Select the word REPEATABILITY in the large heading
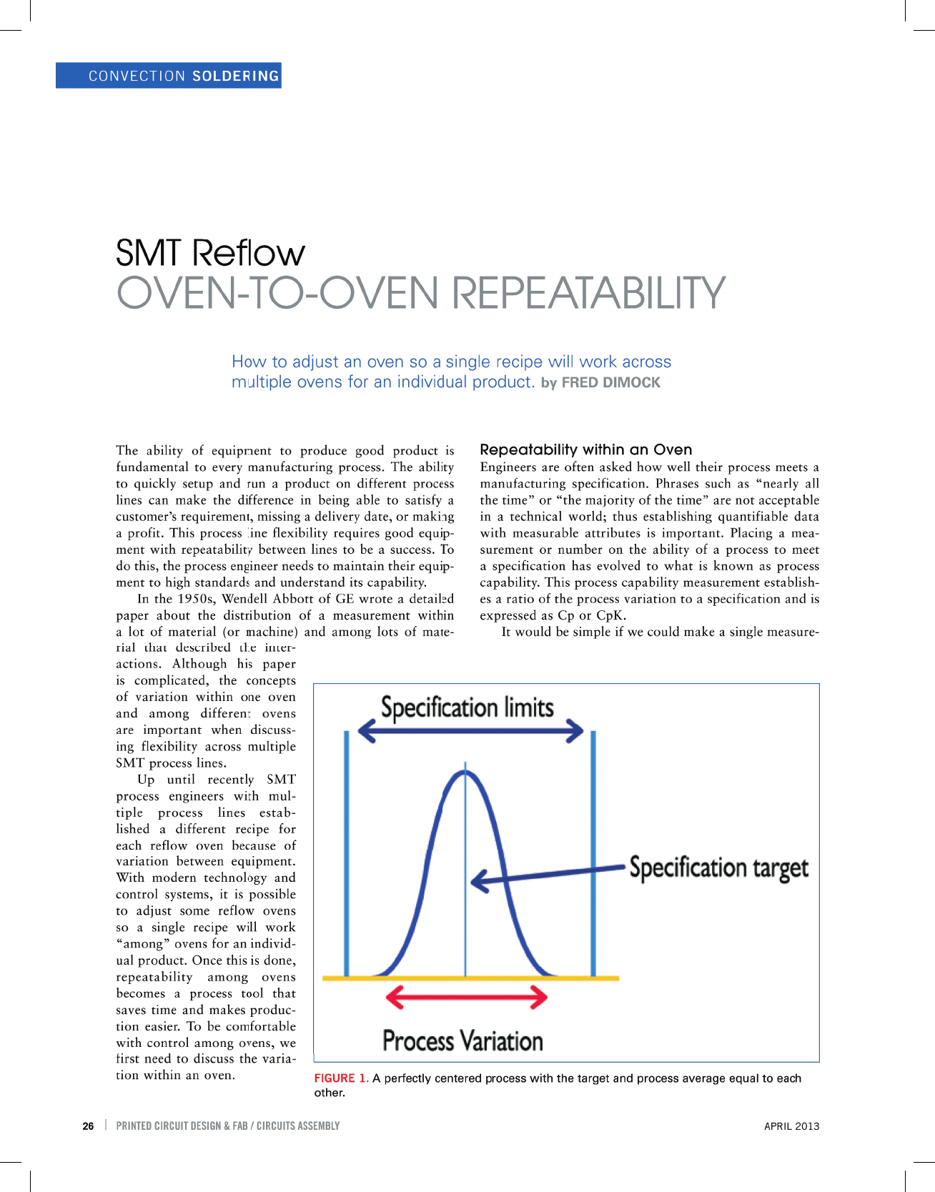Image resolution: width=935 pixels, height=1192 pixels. tap(589, 292)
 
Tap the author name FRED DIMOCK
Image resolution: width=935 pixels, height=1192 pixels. tap(611, 382)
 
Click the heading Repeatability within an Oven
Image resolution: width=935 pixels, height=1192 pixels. tap(586, 450)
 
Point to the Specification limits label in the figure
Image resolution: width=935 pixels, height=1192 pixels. tap(467, 707)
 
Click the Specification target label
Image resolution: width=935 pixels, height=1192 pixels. tap(719, 868)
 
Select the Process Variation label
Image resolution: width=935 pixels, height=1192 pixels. tap(462, 1040)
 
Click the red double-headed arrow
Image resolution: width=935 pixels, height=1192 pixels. tap(467, 996)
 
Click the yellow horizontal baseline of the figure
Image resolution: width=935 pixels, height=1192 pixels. tap(470, 978)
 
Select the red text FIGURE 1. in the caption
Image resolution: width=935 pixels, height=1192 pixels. tap(342, 1078)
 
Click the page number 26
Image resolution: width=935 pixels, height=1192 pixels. tap(88, 1126)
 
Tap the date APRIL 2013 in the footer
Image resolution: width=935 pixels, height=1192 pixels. tap(792, 1126)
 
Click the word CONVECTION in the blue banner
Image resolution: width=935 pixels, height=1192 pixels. tap(137, 76)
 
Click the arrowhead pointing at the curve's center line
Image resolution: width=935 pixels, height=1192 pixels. tap(479, 881)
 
